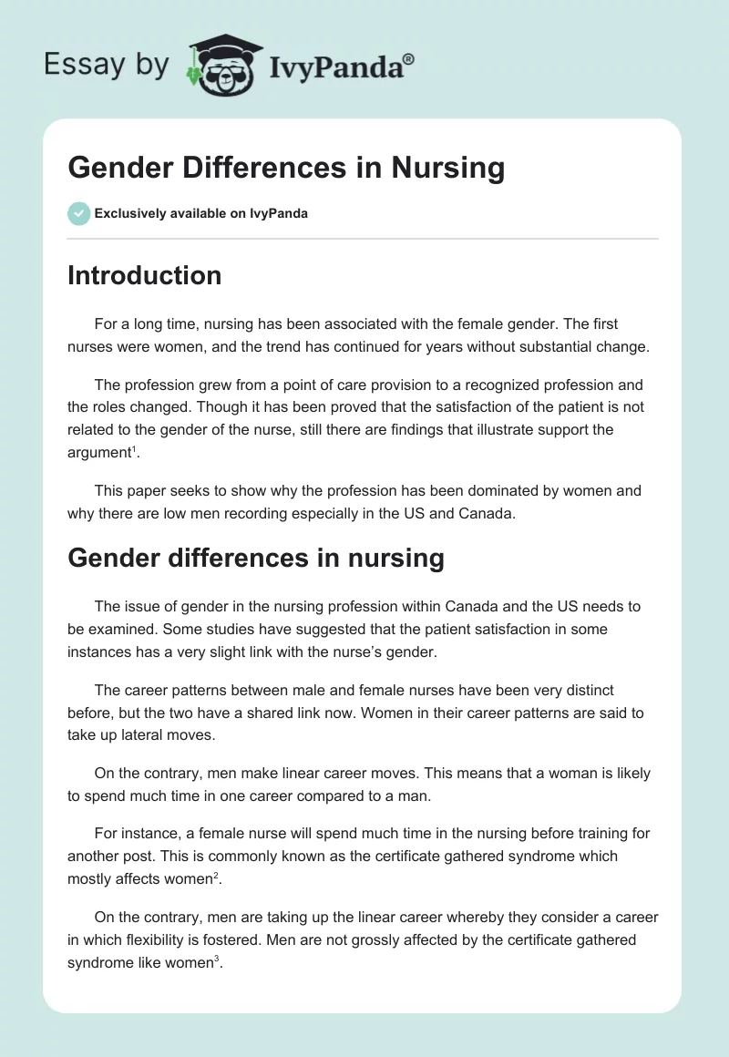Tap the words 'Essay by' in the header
[106, 65]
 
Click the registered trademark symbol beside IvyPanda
[409, 59]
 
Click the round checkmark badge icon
[78, 213]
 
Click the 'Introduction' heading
[144, 275]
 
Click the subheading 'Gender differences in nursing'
[255, 557]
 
